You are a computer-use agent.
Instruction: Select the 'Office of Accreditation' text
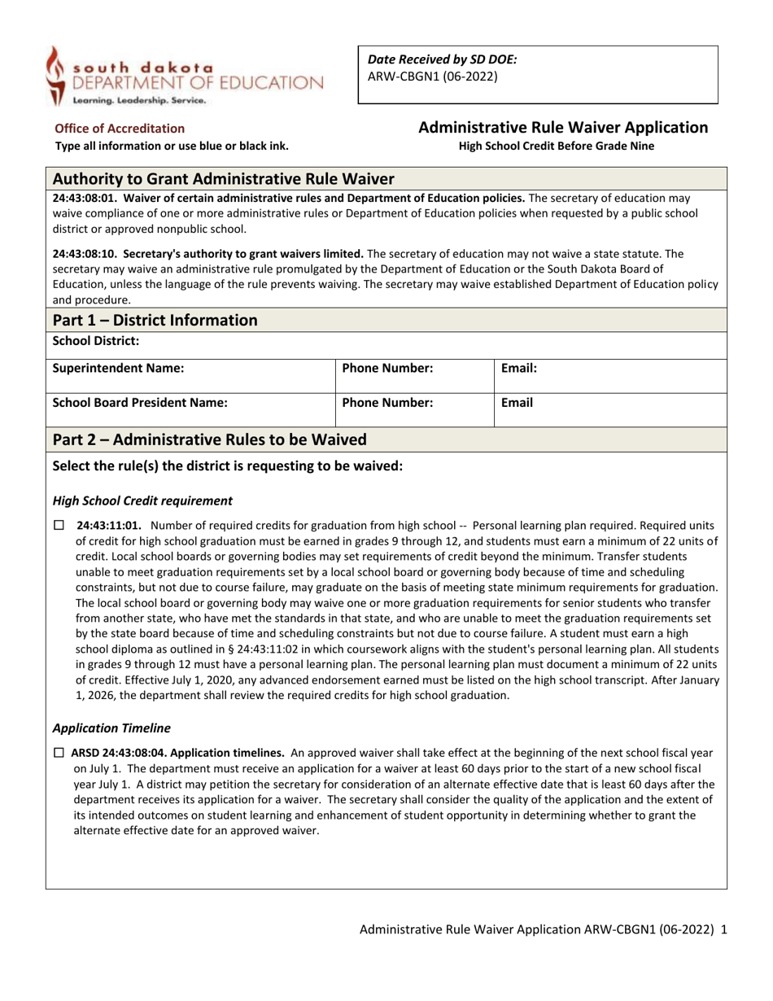coord(119,128)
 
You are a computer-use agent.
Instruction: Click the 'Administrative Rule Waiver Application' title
coord(562,127)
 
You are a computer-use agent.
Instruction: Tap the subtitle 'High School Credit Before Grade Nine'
coord(556,146)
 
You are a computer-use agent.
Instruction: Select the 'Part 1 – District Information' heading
coord(155,320)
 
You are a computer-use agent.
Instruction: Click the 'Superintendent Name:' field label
coord(118,368)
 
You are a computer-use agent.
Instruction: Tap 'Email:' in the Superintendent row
coord(518,368)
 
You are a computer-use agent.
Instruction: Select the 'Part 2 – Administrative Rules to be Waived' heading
coord(209,439)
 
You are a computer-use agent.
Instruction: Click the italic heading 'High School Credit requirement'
coord(142,500)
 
